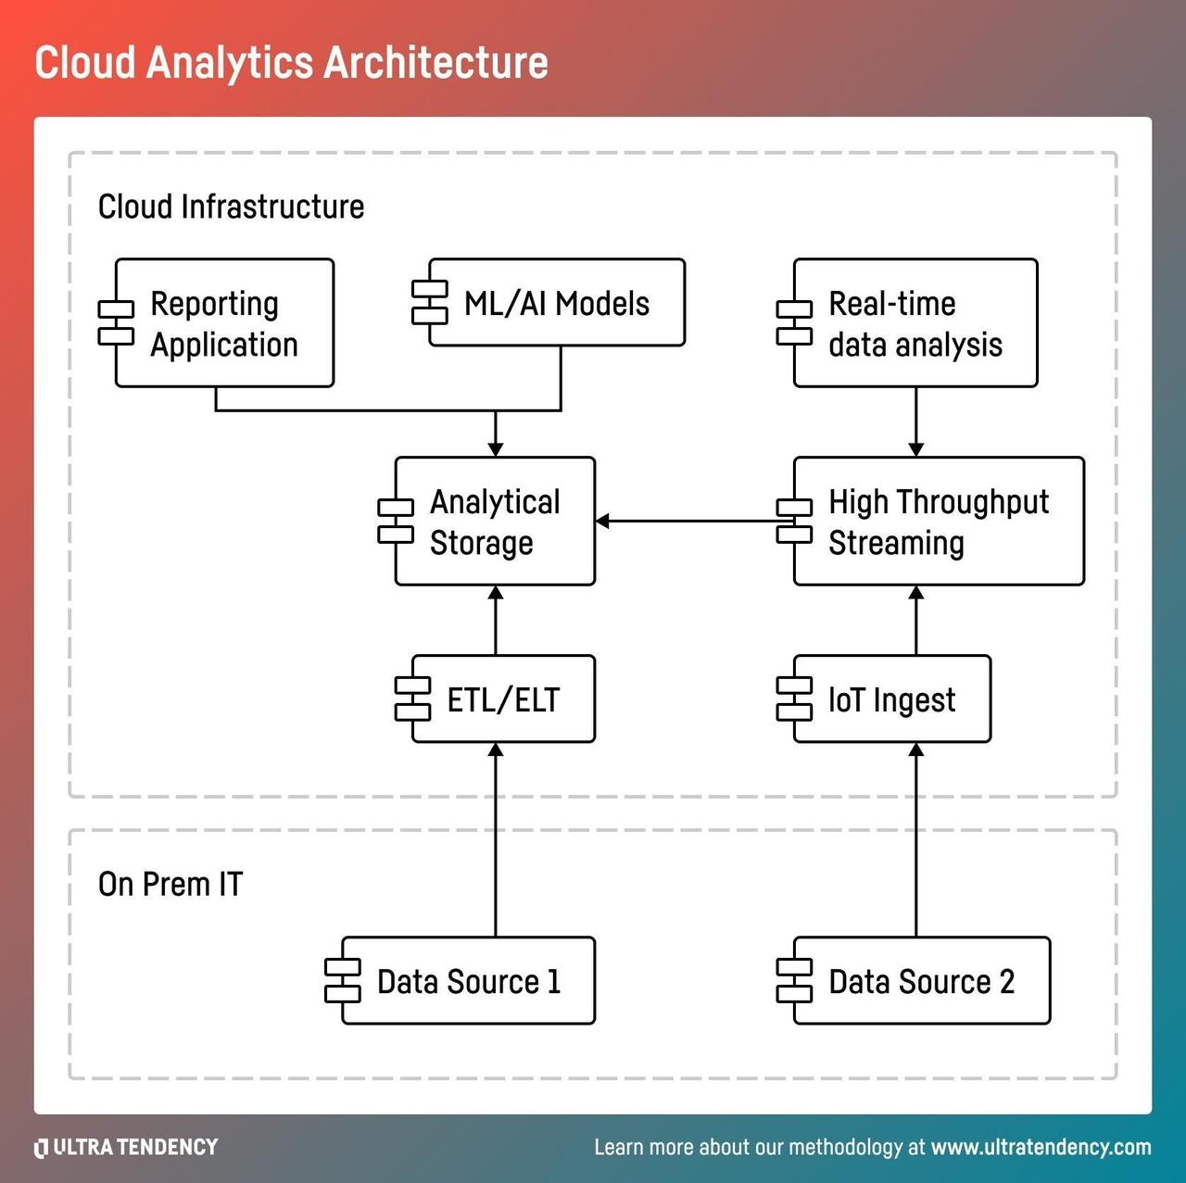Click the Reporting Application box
coord(223,323)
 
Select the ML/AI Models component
coord(556,303)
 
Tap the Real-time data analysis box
coord(915,323)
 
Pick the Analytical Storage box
coord(495,522)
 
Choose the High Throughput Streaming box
coord(938,522)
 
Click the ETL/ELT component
coord(503,699)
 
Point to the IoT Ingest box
coord(891,699)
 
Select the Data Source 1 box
coord(468,981)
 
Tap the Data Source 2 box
coord(921,981)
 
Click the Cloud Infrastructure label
coord(231,207)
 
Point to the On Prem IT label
coord(170,885)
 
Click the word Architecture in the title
coord(435,63)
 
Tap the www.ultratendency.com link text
coord(1041,1148)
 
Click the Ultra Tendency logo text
coord(127,1148)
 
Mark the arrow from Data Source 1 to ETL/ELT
coord(496,839)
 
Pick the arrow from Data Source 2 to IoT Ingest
coord(916,839)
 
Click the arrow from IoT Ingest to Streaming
coord(916,621)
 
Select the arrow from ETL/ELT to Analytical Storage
coord(496,621)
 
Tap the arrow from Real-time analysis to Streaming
coord(916,422)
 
